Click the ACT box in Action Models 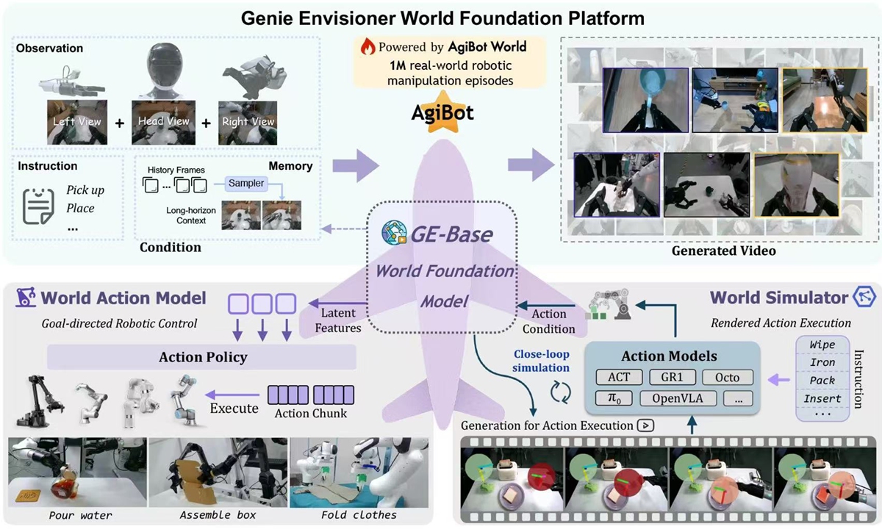tap(619, 378)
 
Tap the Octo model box tap(727, 378)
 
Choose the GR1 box tap(672, 378)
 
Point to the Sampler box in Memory tap(245, 182)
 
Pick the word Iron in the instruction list tap(822, 362)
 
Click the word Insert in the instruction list tap(822, 398)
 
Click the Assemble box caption tap(218, 514)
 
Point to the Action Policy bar tap(202, 358)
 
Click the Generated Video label tap(723, 251)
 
